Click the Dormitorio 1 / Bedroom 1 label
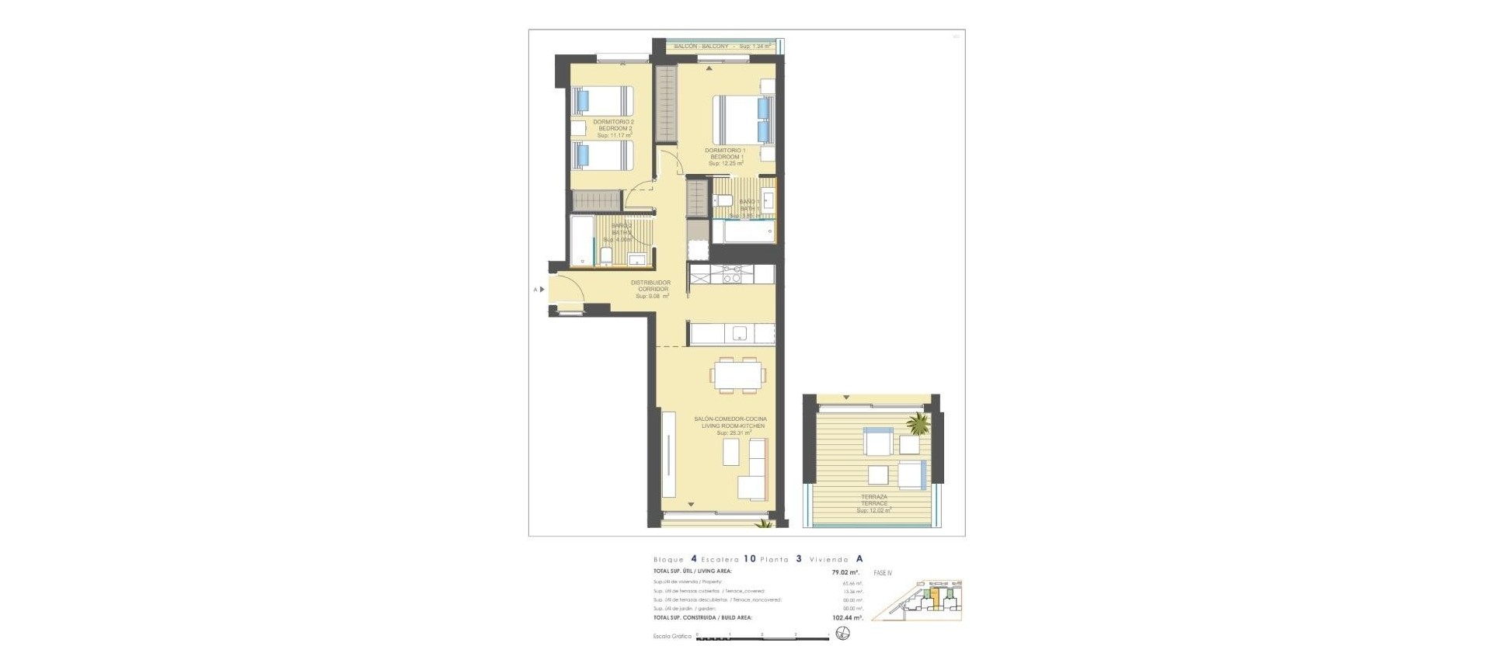(725, 154)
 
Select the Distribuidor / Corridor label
(650, 286)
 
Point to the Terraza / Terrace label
(874, 500)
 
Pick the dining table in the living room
(737, 375)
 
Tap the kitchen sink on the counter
(740, 334)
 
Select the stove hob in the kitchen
(733, 273)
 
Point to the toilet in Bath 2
(606, 255)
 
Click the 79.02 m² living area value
(845, 572)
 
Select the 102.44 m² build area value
(847, 618)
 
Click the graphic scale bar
(762, 637)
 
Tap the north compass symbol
(843, 634)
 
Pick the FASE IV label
(883, 573)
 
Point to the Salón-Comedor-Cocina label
(730, 422)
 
